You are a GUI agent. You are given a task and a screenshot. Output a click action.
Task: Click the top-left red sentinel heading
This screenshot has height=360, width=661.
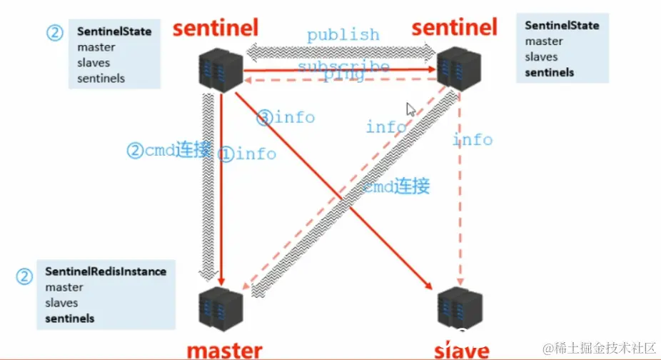click(x=215, y=28)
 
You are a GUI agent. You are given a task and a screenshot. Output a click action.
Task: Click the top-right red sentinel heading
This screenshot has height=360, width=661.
click(x=454, y=28)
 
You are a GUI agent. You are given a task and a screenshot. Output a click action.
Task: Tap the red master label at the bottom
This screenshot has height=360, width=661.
click(x=224, y=350)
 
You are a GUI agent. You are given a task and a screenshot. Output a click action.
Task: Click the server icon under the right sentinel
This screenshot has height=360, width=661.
click(x=458, y=69)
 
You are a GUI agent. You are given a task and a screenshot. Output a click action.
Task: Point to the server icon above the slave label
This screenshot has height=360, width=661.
click(x=458, y=306)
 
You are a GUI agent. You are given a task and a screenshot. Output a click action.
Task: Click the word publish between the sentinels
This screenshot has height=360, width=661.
click(x=343, y=34)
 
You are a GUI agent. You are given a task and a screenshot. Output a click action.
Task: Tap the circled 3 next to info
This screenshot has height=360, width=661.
click(x=264, y=118)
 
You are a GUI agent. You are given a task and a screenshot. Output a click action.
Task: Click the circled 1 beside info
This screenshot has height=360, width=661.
click(x=226, y=154)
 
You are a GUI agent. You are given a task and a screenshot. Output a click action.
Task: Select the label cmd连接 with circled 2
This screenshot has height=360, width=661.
click(x=168, y=151)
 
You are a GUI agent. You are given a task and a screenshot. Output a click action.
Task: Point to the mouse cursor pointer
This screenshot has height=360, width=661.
click(x=410, y=109)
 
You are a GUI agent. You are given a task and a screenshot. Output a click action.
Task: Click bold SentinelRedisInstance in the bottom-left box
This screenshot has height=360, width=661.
click(x=106, y=271)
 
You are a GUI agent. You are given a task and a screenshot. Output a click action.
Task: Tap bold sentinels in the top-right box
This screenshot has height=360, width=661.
click(x=549, y=72)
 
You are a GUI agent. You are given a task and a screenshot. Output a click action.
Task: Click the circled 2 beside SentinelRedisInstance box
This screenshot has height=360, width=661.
click(x=25, y=276)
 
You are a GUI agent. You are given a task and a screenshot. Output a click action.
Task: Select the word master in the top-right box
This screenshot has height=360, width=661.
click(x=544, y=41)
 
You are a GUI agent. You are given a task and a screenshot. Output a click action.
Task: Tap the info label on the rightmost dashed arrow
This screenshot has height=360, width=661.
click(x=473, y=139)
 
